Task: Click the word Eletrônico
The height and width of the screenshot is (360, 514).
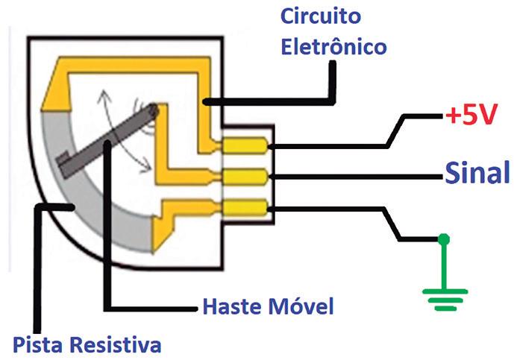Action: click(x=333, y=47)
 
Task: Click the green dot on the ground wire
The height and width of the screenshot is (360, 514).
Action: click(x=444, y=239)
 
